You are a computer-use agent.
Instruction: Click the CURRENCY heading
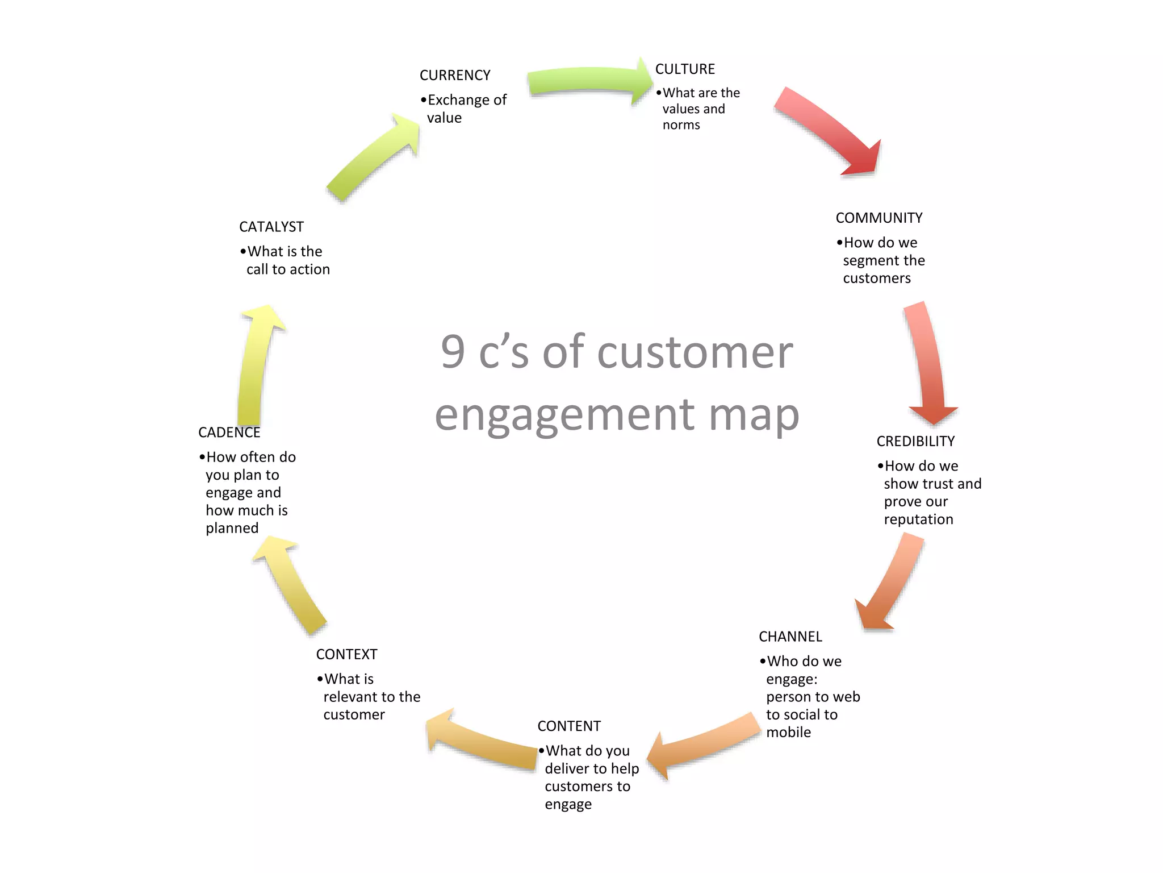pos(455,75)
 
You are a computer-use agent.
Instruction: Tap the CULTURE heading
pos(685,69)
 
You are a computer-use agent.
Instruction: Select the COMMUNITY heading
pos(878,218)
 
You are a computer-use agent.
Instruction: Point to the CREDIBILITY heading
pos(915,441)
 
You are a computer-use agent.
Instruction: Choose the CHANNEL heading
pos(790,637)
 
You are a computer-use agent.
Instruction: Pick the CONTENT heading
pos(568,726)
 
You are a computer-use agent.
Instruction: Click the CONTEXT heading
pos(346,654)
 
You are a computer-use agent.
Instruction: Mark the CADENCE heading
pos(229,433)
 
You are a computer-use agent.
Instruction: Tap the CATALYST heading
pos(271,227)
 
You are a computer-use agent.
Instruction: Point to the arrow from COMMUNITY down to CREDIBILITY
pos(929,364)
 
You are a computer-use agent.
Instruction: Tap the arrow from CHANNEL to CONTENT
pos(704,745)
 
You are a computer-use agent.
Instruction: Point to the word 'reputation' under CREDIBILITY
pos(918,519)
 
